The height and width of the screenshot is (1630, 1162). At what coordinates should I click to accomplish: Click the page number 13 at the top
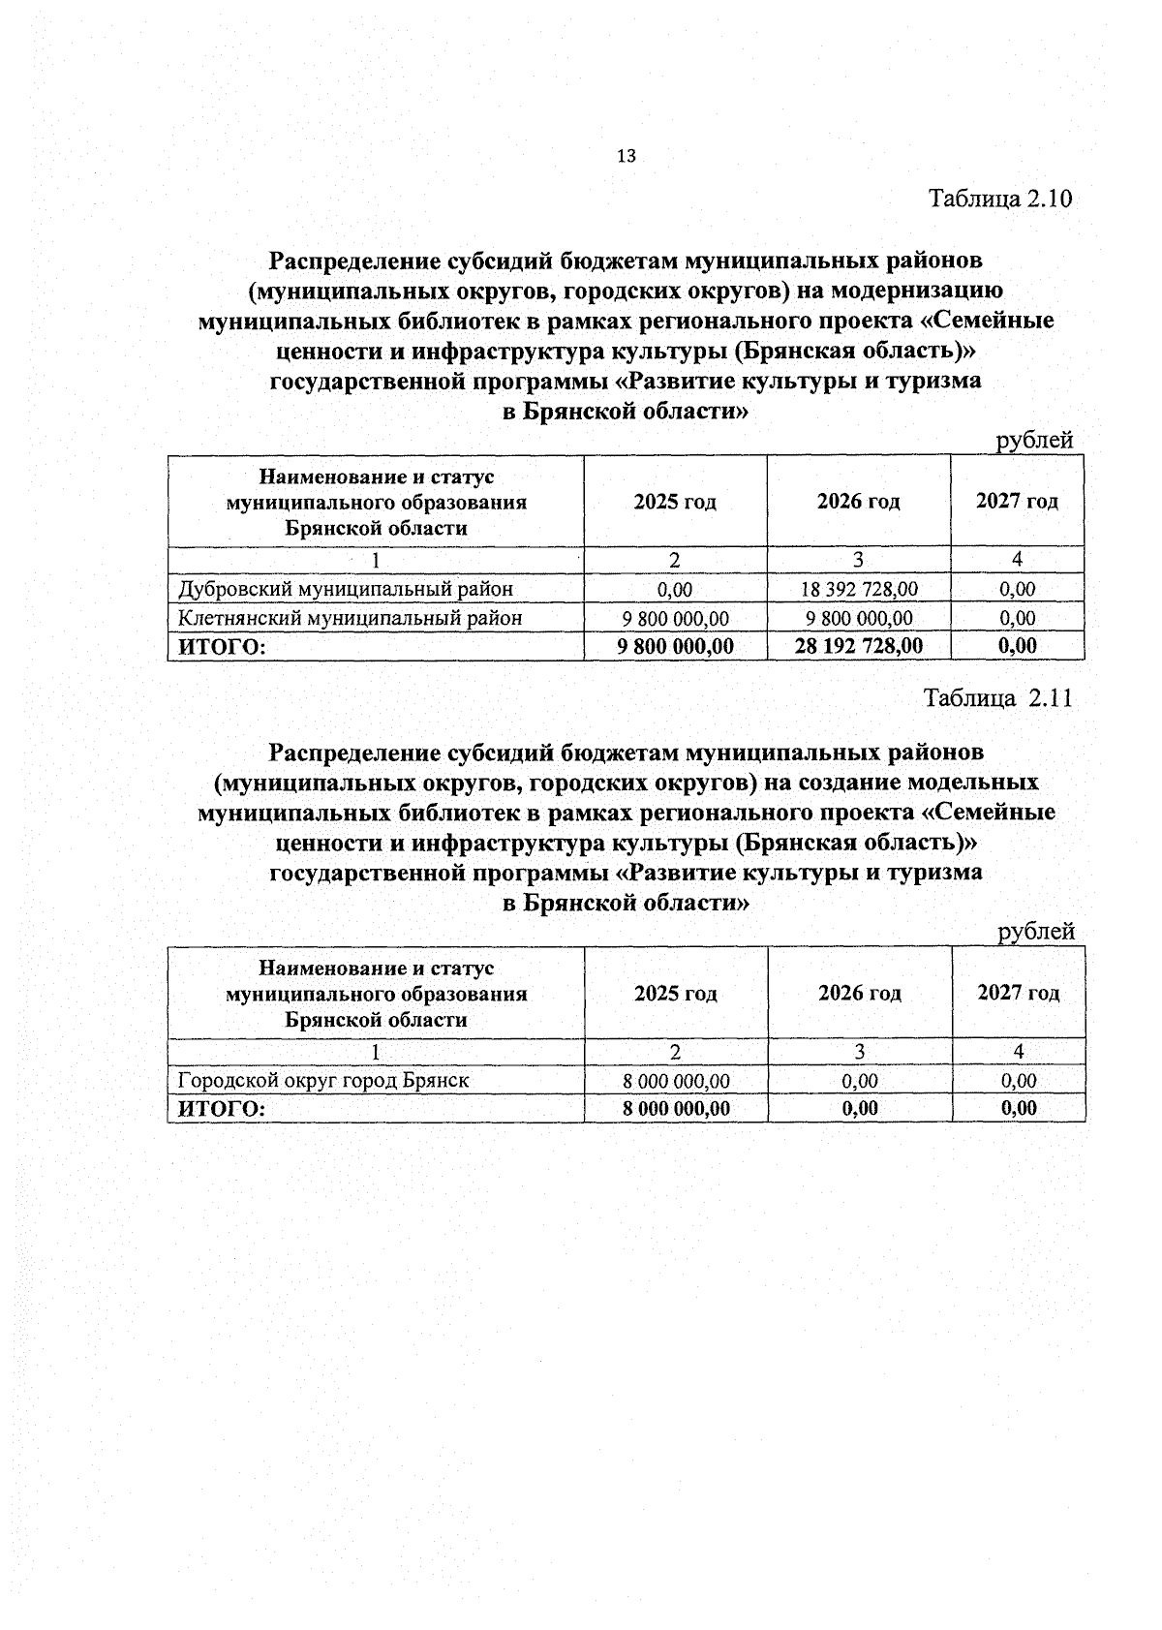(x=626, y=156)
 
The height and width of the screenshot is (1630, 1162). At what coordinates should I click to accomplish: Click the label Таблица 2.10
(x=1000, y=200)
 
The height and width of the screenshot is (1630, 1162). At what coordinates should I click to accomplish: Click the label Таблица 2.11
(x=998, y=698)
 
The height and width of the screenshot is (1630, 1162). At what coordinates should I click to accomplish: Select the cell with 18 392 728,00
(x=859, y=589)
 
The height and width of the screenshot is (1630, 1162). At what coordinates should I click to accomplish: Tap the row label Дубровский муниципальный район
(x=346, y=589)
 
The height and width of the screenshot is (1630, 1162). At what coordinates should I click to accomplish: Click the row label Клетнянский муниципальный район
(x=351, y=618)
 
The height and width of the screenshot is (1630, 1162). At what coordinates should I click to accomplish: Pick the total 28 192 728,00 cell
(x=859, y=646)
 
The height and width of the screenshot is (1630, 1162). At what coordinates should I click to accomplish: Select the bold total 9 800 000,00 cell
(x=675, y=646)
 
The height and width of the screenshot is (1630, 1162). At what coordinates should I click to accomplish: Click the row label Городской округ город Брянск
(x=323, y=1081)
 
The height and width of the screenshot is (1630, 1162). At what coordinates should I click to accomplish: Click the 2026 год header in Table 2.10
(x=858, y=502)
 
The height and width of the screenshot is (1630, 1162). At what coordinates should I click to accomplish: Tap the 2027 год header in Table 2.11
(x=1018, y=993)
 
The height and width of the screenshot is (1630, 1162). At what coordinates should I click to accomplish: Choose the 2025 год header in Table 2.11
(x=675, y=994)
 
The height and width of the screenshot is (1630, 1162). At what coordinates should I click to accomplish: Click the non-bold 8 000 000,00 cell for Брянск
(x=675, y=1081)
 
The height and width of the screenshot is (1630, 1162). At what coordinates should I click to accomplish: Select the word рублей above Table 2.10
(x=1035, y=441)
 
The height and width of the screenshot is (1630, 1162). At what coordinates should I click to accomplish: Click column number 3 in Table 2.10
(x=858, y=560)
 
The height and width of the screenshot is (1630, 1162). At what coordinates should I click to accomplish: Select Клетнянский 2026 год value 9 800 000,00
(x=859, y=618)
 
